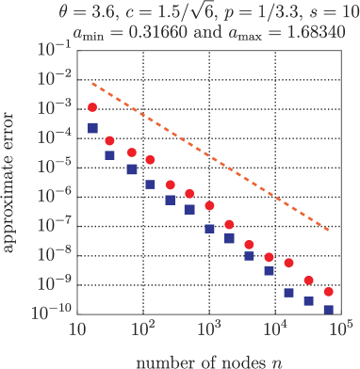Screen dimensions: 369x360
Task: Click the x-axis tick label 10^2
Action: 143,330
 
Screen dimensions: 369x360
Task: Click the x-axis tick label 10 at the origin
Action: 78,330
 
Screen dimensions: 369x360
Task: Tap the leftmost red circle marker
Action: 93,108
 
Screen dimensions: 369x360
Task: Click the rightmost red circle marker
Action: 329,292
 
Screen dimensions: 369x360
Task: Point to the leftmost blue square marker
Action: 93,127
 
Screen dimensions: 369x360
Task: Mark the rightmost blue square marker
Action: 329,310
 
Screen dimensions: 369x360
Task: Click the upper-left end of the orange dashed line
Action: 91,84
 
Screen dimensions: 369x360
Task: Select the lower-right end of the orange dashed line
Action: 329,230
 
